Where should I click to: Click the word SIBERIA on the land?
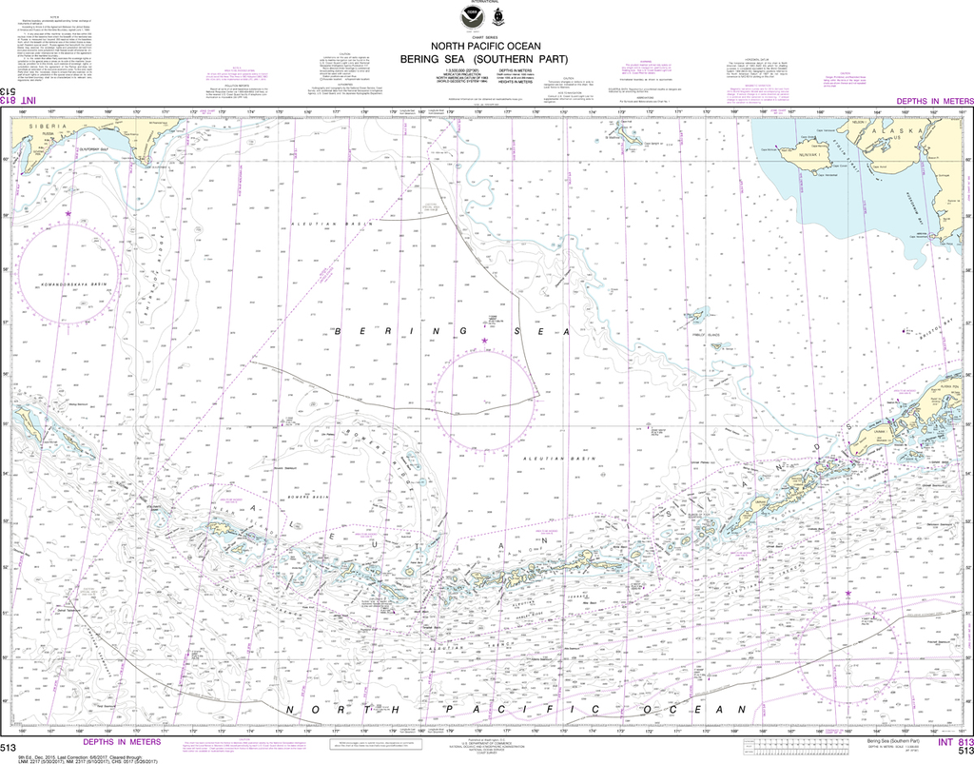click(x=48, y=127)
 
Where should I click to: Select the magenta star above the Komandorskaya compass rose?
click(x=68, y=214)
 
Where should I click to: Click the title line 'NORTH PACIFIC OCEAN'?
click(x=487, y=45)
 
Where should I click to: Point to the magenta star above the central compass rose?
click(x=484, y=341)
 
